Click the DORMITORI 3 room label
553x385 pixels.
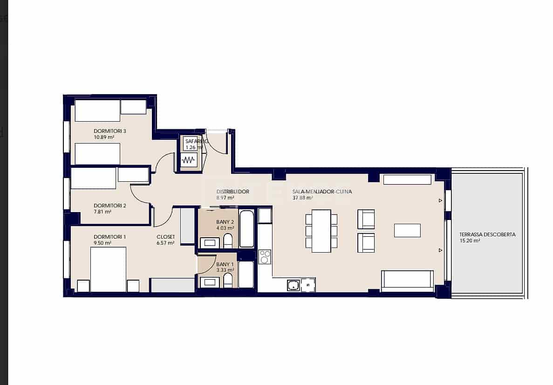[x=110, y=131]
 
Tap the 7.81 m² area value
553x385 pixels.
[x=102, y=212]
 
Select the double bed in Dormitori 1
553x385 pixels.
[x=108, y=269]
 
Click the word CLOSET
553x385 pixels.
[x=165, y=237]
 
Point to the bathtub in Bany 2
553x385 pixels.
[x=247, y=229]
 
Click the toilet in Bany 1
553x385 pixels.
[x=228, y=280]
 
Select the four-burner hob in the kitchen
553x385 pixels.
[x=265, y=257]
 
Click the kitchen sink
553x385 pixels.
[x=293, y=285]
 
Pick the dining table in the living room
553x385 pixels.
[x=321, y=231]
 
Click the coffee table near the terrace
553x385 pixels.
[x=407, y=230]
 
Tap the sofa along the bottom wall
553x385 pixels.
[x=407, y=280]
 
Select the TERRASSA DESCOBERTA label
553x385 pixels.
[x=487, y=234]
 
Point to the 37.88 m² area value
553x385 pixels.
[x=302, y=198]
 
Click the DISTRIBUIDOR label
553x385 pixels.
[x=233, y=192]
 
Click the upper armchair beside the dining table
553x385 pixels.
[x=366, y=219]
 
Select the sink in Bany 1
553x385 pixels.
[x=210, y=282]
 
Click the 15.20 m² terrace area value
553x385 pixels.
[x=469, y=241]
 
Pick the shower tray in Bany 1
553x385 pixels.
[x=246, y=274]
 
